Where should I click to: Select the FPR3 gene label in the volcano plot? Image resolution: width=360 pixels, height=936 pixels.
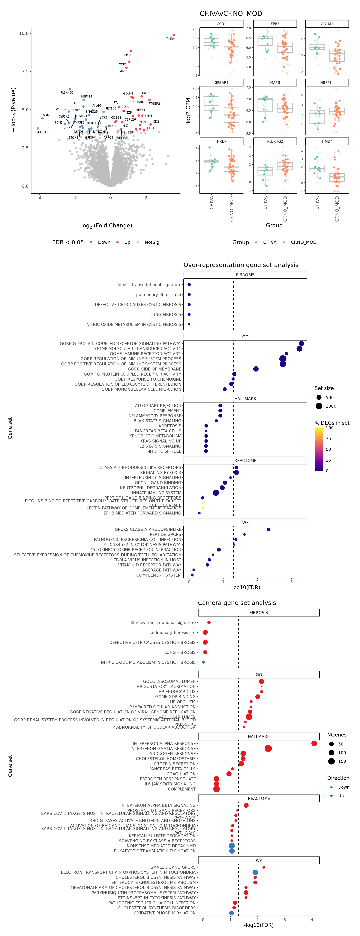tap(128, 55)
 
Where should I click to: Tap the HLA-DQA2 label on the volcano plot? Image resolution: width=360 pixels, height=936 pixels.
tap(41, 132)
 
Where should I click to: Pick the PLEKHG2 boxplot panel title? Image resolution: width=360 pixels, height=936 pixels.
tap(275, 141)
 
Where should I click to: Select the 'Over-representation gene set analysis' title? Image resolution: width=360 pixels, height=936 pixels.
tap(241, 265)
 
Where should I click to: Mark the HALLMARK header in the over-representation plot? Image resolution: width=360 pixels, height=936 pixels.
tap(245, 399)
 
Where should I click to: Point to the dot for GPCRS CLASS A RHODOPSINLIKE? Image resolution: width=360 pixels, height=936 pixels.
tap(268, 529)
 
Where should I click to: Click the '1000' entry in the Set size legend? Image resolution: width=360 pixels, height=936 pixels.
tap(331, 406)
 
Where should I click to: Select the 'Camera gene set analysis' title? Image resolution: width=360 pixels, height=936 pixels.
tap(237, 603)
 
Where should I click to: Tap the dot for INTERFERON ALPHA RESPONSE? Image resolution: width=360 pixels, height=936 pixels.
tap(314, 743)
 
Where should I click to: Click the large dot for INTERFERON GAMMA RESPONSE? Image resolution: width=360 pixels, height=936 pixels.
tap(268, 748)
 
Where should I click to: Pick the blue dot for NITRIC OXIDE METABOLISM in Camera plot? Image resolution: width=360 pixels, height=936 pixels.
tap(203, 662)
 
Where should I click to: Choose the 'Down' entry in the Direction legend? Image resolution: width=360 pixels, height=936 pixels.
tap(343, 787)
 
